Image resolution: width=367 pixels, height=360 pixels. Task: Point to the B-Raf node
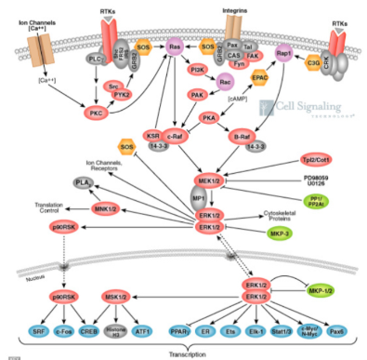pos(239,137)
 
